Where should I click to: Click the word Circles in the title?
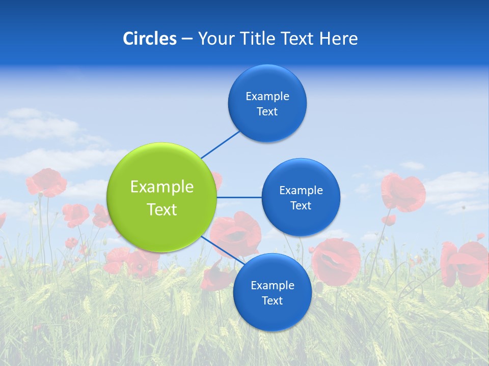[149, 39]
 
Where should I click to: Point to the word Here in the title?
[339, 39]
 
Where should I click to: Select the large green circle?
[161, 197]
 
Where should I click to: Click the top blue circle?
[267, 103]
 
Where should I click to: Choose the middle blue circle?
[301, 197]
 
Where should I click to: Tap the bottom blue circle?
[272, 292]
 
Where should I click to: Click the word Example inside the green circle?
[161, 187]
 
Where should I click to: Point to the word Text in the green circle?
[161, 209]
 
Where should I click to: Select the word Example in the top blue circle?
[267, 96]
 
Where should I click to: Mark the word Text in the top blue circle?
[267, 111]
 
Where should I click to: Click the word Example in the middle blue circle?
[301, 190]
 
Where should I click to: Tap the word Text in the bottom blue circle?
[272, 300]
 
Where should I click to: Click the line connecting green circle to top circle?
[220, 144]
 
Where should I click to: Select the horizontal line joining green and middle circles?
[239, 197]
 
